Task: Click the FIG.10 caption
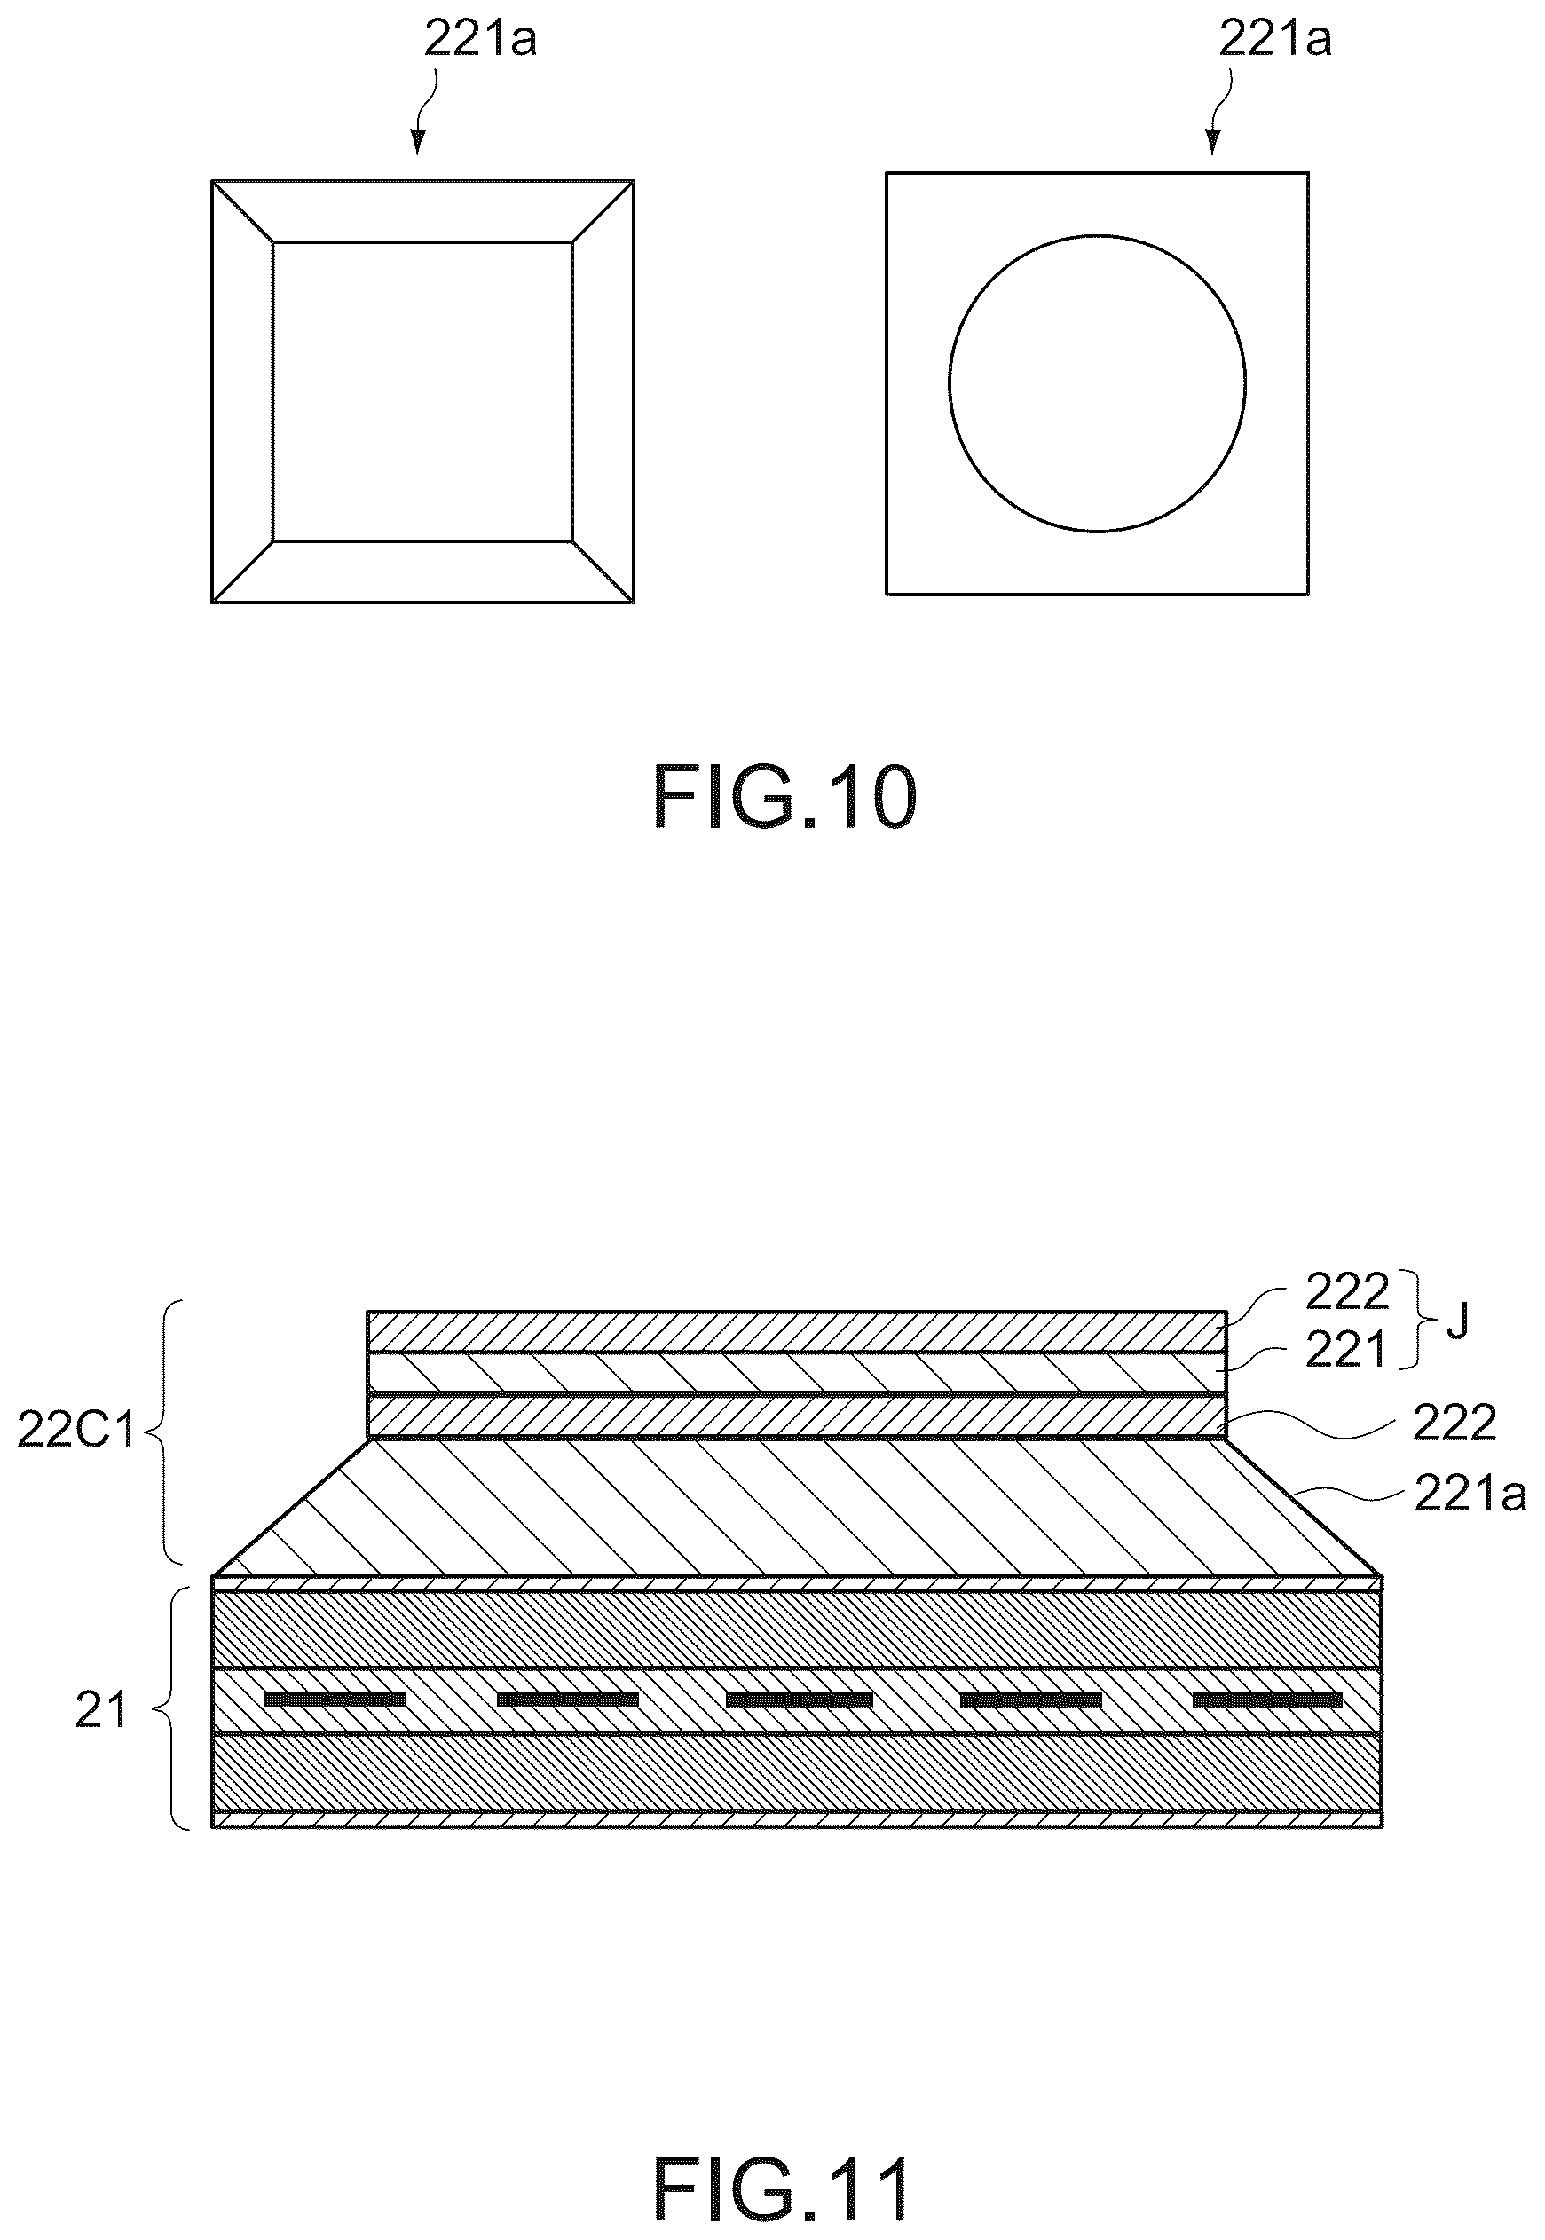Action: click(784, 796)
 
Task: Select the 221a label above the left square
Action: click(480, 42)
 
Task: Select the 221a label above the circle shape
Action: click(1275, 40)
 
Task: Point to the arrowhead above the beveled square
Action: click(417, 142)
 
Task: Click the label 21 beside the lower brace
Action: click(100, 1711)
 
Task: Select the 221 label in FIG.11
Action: click(1346, 1351)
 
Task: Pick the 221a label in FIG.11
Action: click(1470, 1495)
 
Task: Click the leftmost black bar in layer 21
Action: click(335, 1700)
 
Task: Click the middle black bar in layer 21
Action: click(800, 1700)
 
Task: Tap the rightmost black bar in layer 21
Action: click(1267, 1700)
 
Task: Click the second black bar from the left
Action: click(567, 1700)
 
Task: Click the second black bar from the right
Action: click(1031, 1700)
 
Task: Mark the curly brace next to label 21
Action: click(164, 1709)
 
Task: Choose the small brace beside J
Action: click(1424, 1321)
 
